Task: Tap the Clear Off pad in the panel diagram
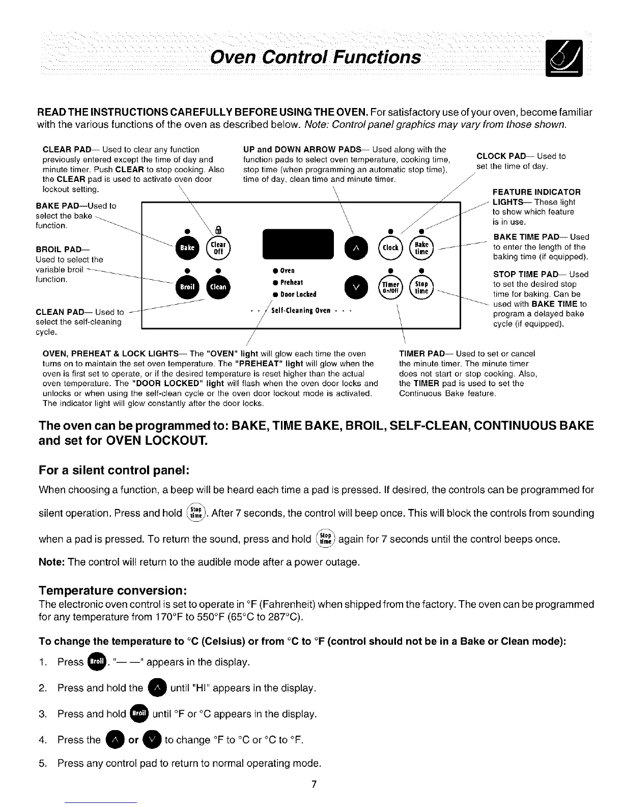(x=218, y=248)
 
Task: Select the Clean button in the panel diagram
(x=218, y=287)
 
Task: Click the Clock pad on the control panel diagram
(x=390, y=248)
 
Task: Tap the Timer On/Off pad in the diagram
(x=390, y=287)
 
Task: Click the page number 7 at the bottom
(x=315, y=784)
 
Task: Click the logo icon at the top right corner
(x=565, y=59)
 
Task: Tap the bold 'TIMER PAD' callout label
(x=422, y=354)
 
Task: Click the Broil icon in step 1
(x=97, y=661)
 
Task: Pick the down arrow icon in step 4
(x=152, y=739)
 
